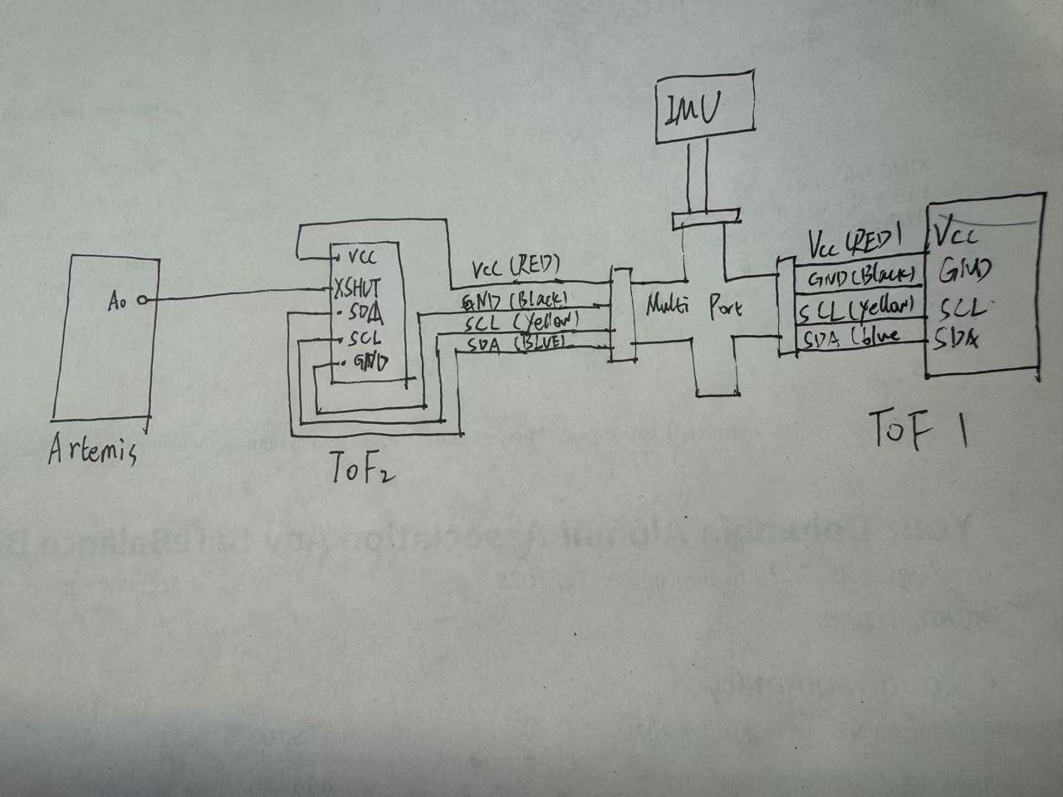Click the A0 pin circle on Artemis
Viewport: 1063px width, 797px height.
pyautogui.click(x=142, y=301)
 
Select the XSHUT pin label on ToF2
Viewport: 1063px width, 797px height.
pyautogui.click(x=357, y=288)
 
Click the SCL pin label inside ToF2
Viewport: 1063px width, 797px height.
pyautogui.click(x=365, y=338)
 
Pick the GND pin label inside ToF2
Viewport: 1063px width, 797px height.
pyautogui.click(x=370, y=362)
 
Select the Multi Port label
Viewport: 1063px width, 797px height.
pyautogui.click(x=693, y=307)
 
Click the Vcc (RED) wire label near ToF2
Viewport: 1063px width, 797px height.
pyautogui.click(x=515, y=268)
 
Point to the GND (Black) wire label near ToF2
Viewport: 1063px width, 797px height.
pyautogui.click(x=515, y=299)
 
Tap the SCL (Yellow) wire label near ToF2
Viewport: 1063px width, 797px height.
pyautogui.click(x=521, y=321)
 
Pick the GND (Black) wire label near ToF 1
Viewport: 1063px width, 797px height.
pyautogui.click(x=860, y=277)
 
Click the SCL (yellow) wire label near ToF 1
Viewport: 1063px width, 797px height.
pyautogui.click(x=855, y=309)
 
